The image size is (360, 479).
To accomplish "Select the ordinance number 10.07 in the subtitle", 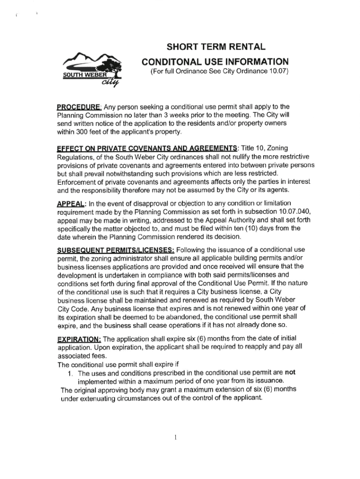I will [x=279, y=72].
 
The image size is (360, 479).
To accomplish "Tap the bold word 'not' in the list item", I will [x=291, y=373].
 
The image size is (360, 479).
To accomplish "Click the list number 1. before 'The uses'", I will [x=71, y=373].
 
